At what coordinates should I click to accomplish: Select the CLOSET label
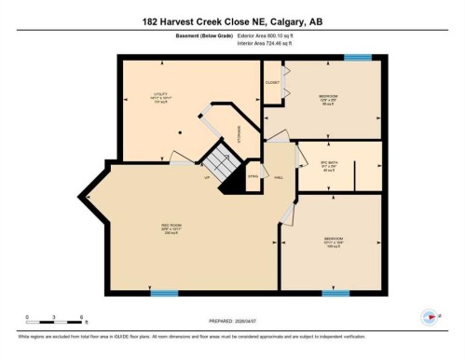tap(273, 83)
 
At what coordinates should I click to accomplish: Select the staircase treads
tap(225, 164)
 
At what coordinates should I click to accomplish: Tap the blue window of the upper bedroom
tap(357, 59)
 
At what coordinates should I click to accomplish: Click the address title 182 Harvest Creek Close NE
tap(232, 21)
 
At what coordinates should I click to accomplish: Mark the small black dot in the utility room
tap(184, 132)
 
